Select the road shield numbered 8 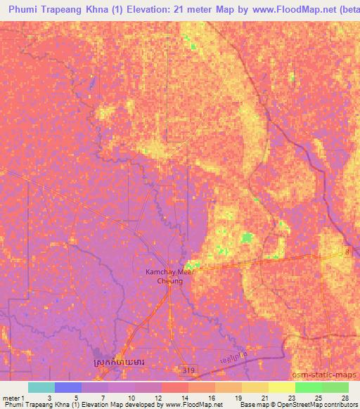[x=346, y=251]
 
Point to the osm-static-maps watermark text [x=330, y=375]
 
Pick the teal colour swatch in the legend [x=41, y=387]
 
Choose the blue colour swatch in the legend [x=68, y=387]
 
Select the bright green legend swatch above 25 [x=308, y=387]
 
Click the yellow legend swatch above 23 [x=281, y=387]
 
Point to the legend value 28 [x=344, y=397]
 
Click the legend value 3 [x=48, y=397]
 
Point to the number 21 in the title [x=199, y=10]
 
